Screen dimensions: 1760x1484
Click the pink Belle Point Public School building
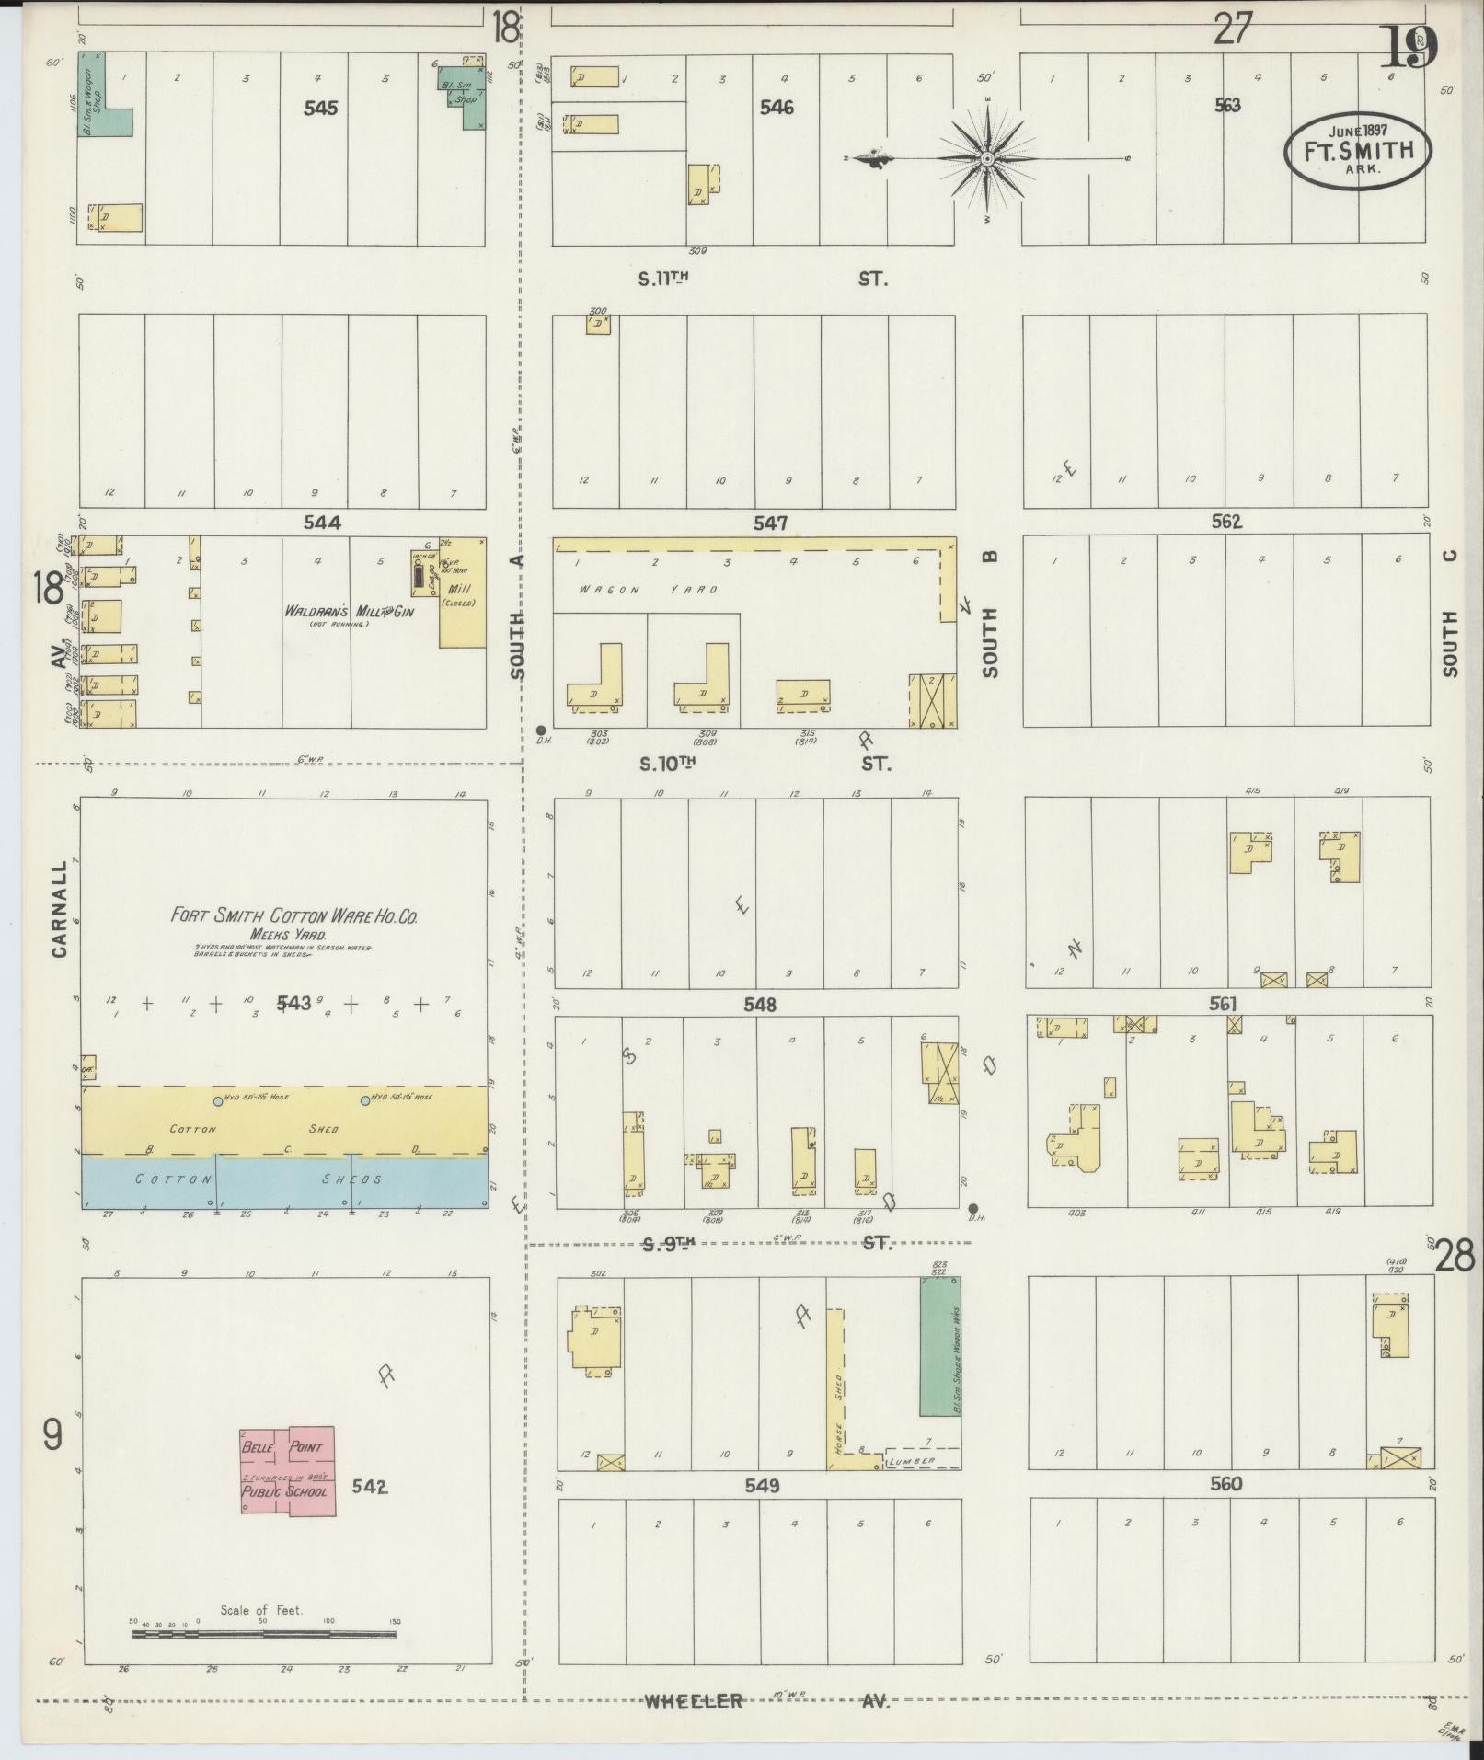tap(288, 1470)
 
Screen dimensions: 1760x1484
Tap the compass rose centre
tap(987, 159)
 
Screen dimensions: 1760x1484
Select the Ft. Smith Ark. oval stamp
tap(1358, 152)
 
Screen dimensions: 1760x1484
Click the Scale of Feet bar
tap(264, 1634)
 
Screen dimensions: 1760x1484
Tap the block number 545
tap(320, 109)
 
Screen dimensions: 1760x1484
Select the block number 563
tap(1227, 105)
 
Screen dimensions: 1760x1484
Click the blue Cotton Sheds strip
tap(285, 1181)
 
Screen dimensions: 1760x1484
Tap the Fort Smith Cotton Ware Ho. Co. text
tap(294, 915)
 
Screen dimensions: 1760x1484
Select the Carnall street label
tap(60, 909)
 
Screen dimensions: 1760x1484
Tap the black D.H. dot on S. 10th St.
tap(541, 730)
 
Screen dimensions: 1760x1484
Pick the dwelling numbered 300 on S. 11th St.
tap(598, 324)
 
